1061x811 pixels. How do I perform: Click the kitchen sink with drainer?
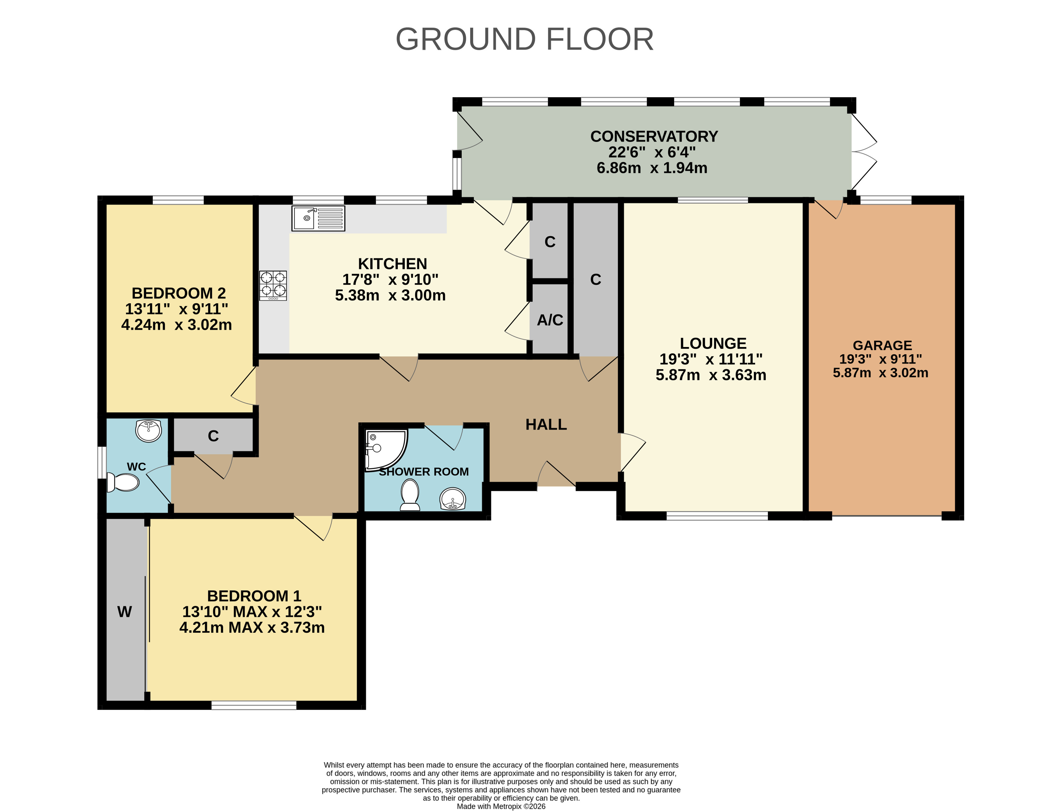[x=318, y=218]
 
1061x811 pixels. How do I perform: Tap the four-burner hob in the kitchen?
[x=273, y=285]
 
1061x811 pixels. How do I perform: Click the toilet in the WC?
[x=123, y=482]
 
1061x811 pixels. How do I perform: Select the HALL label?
[x=546, y=424]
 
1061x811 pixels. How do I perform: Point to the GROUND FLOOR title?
[x=525, y=39]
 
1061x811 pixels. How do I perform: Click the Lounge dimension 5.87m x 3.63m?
[x=711, y=375]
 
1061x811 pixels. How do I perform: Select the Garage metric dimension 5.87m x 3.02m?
[x=880, y=373]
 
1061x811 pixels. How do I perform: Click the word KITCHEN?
[x=392, y=264]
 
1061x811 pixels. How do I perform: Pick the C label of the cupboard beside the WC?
[x=213, y=436]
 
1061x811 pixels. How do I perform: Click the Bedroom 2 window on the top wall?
[x=178, y=200]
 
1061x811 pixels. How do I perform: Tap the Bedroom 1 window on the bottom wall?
[x=254, y=705]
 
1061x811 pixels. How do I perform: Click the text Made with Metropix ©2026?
[x=501, y=806]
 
